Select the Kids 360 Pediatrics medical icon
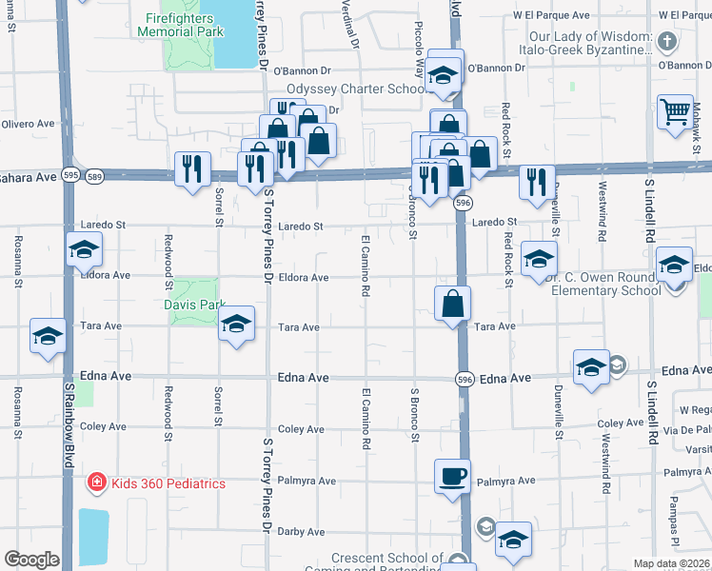pos(96,483)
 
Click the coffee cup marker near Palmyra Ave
pos(452,475)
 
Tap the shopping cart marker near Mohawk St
pos(675,112)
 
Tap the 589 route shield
pos(93,175)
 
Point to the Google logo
pos(31,560)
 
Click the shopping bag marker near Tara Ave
pos(453,304)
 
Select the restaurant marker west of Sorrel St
pos(192,169)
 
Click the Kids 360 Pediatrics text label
pos(168,483)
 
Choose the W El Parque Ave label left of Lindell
pos(545,16)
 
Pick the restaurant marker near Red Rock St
pos(537,181)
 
